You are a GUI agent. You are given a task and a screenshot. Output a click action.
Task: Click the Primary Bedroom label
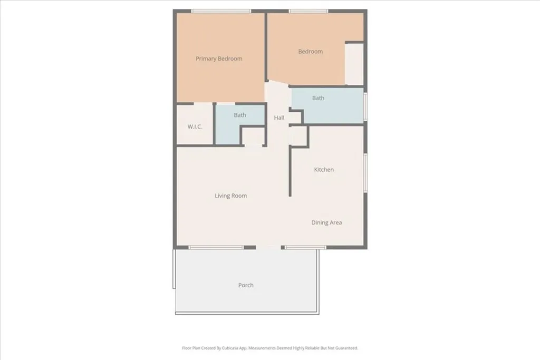[219, 59]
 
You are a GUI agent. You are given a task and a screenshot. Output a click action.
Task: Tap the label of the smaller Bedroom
[310, 52]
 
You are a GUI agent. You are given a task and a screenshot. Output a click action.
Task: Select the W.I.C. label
[195, 127]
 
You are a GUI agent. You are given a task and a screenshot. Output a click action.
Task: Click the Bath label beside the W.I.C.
[240, 115]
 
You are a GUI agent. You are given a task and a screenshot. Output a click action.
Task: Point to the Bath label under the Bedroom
[318, 98]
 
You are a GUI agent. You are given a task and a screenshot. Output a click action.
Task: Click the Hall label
[279, 118]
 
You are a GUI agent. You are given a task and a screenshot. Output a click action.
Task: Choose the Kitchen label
[324, 170]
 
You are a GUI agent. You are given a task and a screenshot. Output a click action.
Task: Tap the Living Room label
[230, 196]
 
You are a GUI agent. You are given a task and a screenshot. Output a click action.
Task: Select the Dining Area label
[326, 222]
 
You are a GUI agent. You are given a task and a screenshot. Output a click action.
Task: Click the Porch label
[246, 285]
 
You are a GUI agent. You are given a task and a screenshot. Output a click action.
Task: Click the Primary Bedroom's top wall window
[221, 11]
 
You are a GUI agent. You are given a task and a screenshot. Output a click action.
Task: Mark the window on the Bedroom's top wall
[308, 11]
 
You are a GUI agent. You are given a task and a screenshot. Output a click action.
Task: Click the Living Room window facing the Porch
[216, 247]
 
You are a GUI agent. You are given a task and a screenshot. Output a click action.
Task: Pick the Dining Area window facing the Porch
[305, 247]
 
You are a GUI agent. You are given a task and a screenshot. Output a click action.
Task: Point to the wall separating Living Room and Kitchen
[290, 171]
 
